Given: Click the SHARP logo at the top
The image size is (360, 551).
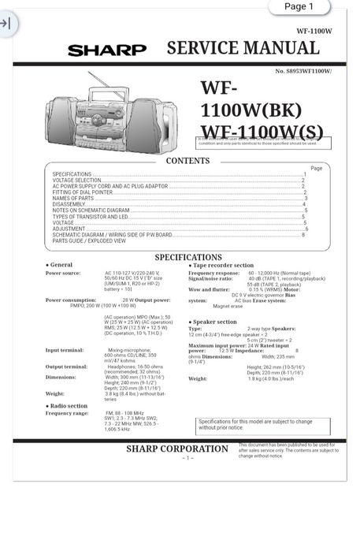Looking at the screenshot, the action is [107, 51].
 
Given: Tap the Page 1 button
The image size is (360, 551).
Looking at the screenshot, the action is [299, 7].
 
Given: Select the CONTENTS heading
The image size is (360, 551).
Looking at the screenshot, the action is [187, 161].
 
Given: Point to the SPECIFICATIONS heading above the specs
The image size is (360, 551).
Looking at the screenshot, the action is [188, 257].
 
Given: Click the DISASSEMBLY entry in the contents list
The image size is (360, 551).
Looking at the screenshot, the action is [69, 204].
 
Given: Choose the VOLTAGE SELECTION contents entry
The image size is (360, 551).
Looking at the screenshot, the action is [76, 181].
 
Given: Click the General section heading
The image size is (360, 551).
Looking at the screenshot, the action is [61, 265].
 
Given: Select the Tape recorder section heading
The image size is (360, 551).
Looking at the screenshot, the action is [222, 266].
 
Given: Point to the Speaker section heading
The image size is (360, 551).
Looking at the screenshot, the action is [213, 322].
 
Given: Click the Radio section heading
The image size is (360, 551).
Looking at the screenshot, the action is [68, 405].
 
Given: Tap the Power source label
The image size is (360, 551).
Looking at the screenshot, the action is [62, 273].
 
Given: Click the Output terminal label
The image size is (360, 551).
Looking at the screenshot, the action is [66, 367].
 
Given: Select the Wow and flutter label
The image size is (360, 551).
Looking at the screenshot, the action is [209, 289].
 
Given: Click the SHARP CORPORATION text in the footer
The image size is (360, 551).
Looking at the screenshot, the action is [176, 449].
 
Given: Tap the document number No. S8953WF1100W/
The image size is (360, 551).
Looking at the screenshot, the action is [303, 71].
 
